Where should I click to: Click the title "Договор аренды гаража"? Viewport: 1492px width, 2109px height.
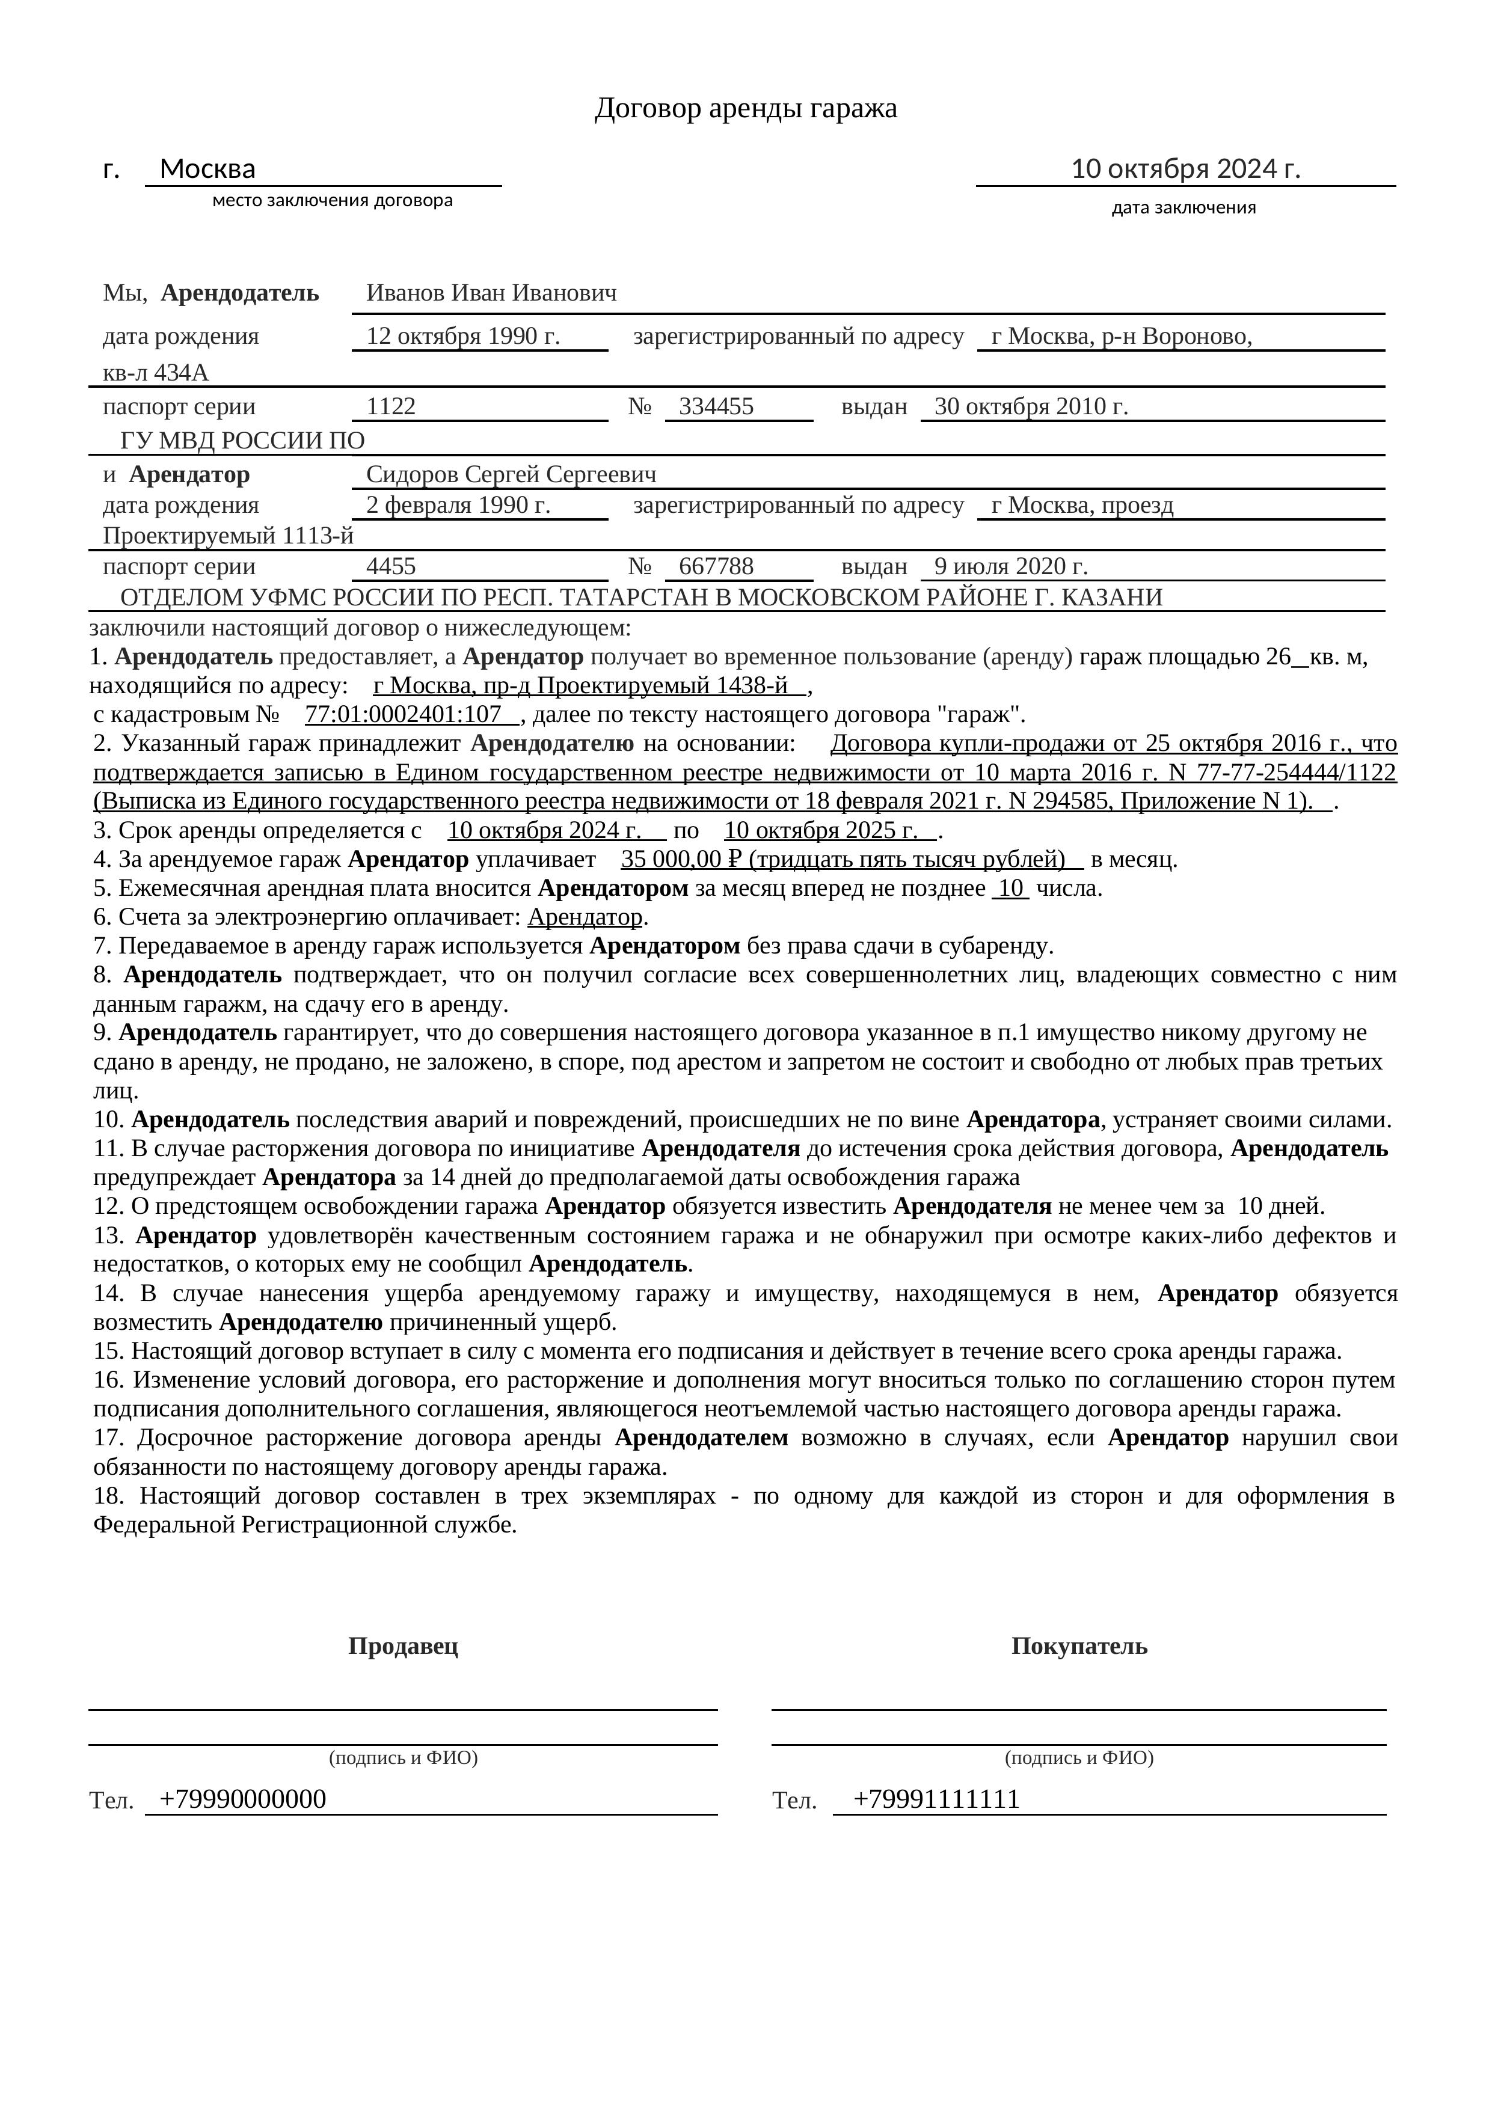pos(745,108)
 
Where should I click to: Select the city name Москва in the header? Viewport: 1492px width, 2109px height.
pos(207,169)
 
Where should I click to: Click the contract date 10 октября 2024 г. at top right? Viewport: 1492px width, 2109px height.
pos(1185,169)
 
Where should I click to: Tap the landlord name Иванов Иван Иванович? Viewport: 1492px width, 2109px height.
pos(491,293)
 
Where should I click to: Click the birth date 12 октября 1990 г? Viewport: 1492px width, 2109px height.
pos(463,336)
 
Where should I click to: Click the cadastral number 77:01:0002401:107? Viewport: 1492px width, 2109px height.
pos(404,715)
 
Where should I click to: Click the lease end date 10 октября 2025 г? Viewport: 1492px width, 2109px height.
pos(820,830)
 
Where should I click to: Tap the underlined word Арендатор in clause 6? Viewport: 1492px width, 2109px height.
pos(585,917)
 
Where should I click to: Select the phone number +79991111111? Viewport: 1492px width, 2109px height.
pos(936,1799)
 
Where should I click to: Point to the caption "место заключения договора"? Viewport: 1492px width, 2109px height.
pos(333,200)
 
